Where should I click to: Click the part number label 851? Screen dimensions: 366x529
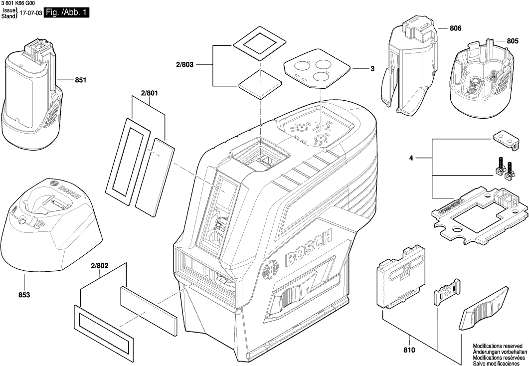coord(81,80)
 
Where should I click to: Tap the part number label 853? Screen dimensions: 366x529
coord(24,295)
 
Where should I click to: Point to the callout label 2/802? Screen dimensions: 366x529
coord(100,266)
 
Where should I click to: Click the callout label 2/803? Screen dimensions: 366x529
coord(184,64)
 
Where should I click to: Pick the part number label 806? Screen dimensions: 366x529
coord(455,29)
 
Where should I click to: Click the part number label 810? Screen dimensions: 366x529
coord(409,351)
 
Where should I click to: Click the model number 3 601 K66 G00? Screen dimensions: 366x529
coord(18,3)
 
